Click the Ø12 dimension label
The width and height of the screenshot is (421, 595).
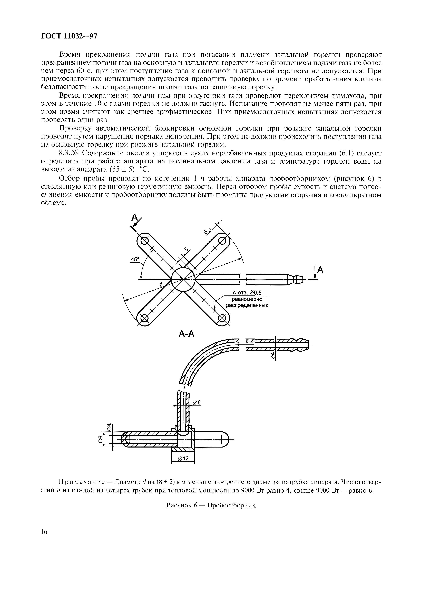click(x=183, y=459)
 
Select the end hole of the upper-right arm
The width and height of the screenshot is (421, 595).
click(x=222, y=241)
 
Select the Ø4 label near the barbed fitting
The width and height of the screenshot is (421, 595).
click(x=273, y=355)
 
